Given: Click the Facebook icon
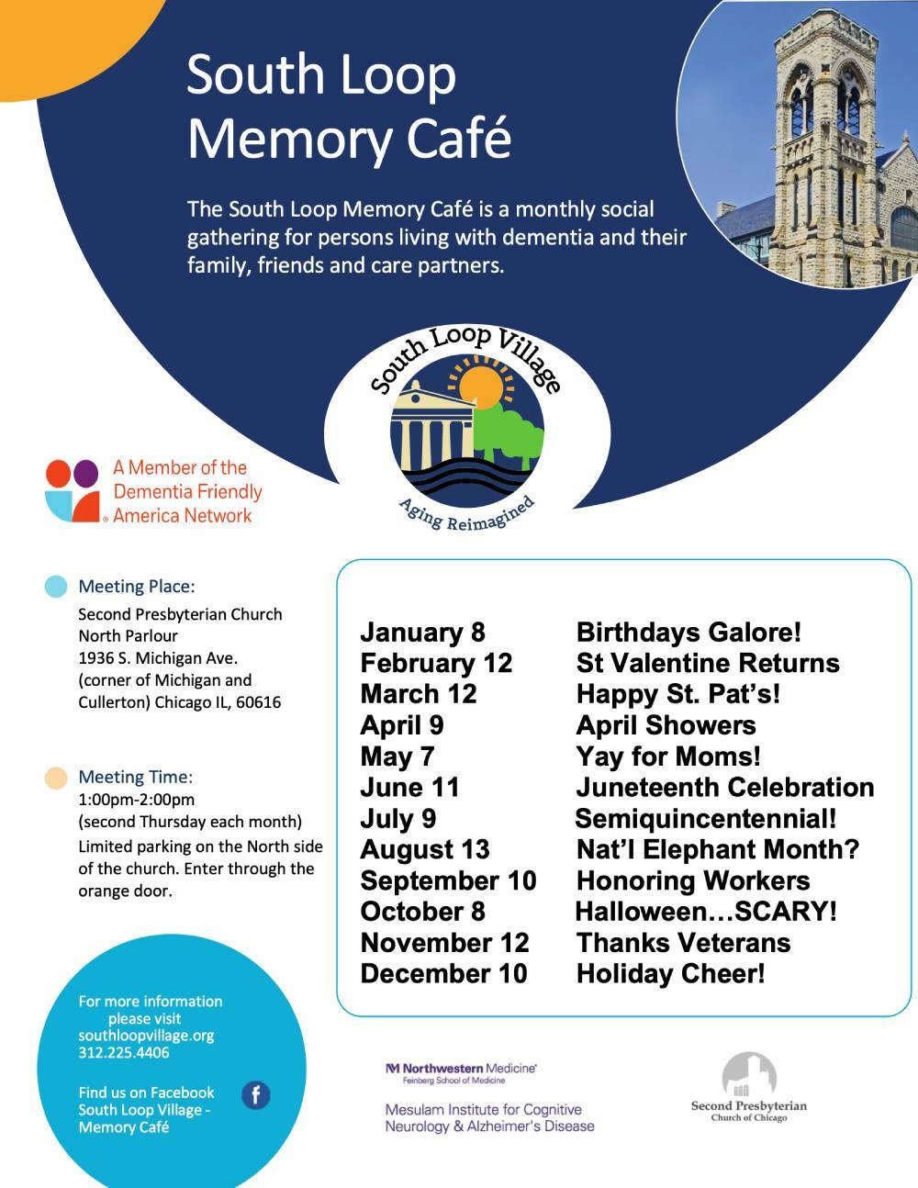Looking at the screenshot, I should point(256,1094).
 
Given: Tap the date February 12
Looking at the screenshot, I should point(436,663).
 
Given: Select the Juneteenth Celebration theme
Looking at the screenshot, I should point(724,787).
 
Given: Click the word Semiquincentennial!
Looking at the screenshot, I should point(705,818).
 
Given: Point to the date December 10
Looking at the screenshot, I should point(443,973).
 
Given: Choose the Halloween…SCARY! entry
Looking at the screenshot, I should point(705,912).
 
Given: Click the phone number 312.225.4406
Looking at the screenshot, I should point(123,1052).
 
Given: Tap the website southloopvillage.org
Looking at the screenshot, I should point(146,1035).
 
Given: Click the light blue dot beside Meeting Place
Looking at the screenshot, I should point(56,586).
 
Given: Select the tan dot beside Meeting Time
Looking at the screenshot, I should point(56,778).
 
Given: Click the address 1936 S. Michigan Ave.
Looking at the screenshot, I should point(158,658).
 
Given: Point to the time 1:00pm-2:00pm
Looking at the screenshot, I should point(136,799).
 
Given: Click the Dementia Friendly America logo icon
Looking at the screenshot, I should point(72,490).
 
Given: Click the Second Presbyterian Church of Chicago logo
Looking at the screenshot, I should point(748,1088).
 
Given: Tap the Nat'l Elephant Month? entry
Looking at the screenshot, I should point(717,849).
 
